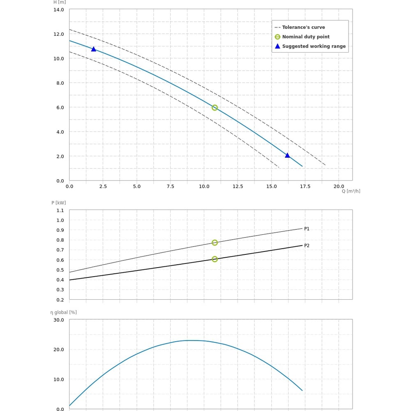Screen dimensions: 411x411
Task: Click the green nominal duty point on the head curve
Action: point(215,108)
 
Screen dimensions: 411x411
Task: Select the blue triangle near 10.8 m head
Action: point(93,49)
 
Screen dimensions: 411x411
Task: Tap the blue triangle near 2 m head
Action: point(287,155)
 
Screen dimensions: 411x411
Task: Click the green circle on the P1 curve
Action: point(215,242)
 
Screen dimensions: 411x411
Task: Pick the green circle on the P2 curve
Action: point(215,259)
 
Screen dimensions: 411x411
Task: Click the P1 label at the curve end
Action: point(307,229)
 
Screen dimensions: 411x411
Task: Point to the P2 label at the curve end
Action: point(307,246)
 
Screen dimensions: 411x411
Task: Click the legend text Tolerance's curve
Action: point(303,28)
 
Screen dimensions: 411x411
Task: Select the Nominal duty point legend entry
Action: point(305,37)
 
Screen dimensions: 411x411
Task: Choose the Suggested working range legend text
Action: point(314,46)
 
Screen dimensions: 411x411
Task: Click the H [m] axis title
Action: point(60,2)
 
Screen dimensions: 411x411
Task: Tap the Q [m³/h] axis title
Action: point(351,191)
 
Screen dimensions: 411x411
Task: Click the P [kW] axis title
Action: point(58,203)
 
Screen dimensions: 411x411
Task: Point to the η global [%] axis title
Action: point(64,312)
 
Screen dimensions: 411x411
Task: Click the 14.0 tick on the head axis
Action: point(59,9)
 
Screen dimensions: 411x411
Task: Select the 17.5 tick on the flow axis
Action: point(305,187)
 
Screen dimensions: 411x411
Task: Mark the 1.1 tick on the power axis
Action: point(60,210)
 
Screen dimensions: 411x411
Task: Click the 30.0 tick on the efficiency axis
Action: point(59,320)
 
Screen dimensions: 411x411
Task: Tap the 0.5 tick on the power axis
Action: point(60,270)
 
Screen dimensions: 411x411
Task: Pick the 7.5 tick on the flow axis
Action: point(170,187)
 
